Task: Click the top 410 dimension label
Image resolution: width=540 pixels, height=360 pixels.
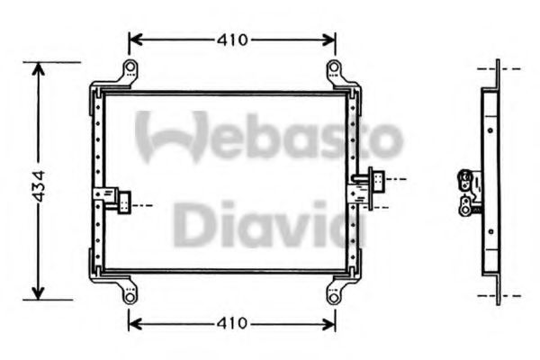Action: pyautogui.click(x=233, y=40)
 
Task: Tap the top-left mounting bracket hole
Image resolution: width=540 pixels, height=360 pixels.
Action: pyautogui.click(x=130, y=68)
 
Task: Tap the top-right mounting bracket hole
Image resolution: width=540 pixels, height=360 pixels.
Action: pyautogui.click(x=334, y=68)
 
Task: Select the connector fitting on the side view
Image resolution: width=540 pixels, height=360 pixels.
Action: pyautogui.click(x=468, y=191)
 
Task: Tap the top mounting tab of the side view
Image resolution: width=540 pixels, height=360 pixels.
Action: pyautogui.click(x=497, y=69)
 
